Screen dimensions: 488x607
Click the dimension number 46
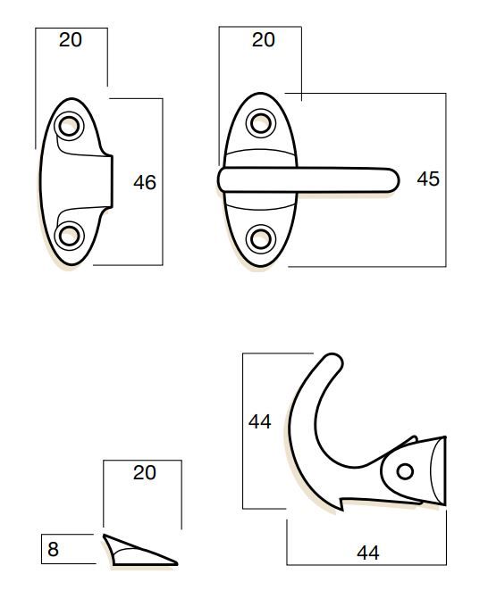pyautogui.click(x=145, y=182)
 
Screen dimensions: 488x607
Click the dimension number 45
pyautogui.click(x=428, y=179)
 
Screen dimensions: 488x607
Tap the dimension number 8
pyautogui.click(x=53, y=549)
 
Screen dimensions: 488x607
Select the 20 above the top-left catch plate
pyautogui.click(x=71, y=40)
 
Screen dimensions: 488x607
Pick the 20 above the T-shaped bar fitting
pyautogui.click(x=264, y=40)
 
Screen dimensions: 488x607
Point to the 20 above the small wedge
pyautogui.click(x=145, y=473)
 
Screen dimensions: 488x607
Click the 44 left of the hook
pyautogui.click(x=260, y=421)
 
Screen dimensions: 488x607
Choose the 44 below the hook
pyautogui.click(x=368, y=553)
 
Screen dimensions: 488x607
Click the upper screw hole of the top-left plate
pyautogui.click(x=70, y=126)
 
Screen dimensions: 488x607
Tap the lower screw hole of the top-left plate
pyautogui.click(x=70, y=237)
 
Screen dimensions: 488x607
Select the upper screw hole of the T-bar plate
pyautogui.click(x=261, y=123)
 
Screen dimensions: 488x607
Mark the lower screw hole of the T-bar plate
pyautogui.click(x=261, y=239)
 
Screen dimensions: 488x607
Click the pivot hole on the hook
pyautogui.click(x=406, y=471)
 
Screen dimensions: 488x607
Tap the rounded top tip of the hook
pyautogui.click(x=333, y=362)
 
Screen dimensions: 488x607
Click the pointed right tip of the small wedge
pyautogui.click(x=176, y=563)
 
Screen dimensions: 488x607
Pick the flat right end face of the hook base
pyautogui.click(x=444, y=470)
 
